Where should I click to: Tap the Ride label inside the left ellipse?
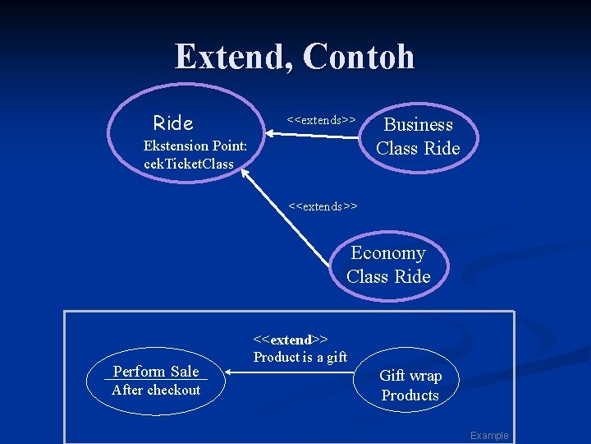pyautogui.click(x=173, y=123)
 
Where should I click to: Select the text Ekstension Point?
pyautogui.click(x=195, y=146)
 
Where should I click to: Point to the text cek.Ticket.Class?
pyautogui.click(x=188, y=164)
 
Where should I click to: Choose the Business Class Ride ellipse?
pyautogui.click(x=418, y=136)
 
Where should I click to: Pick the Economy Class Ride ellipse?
pyautogui.click(x=388, y=265)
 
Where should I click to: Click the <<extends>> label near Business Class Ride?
pyautogui.click(x=321, y=120)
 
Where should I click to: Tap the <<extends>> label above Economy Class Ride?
pyautogui.click(x=323, y=206)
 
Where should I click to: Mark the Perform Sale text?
pyautogui.click(x=156, y=372)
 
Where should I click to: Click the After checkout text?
pyautogui.click(x=156, y=390)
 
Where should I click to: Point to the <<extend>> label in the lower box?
pyautogui.click(x=291, y=340)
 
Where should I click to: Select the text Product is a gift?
pyautogui.click(x=300, y=357)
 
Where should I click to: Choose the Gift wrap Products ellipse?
pyautogui.click(x=410, y=386)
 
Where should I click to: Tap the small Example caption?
pyautogui.click(x=489, y=436)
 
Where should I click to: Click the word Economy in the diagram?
pyautogui.click(x=388, y=253)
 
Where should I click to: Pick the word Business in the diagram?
pyautogui.click(x=419, y=125)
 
